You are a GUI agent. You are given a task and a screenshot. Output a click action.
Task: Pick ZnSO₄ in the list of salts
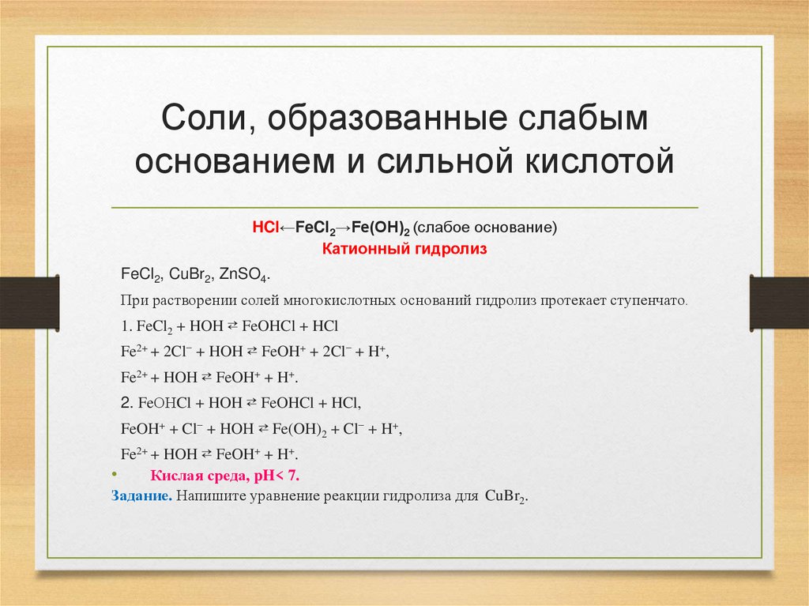click(244, 275)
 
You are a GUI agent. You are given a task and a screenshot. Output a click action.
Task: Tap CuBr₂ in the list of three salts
click(190, 275)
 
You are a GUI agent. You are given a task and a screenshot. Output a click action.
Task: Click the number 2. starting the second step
click(127, 402)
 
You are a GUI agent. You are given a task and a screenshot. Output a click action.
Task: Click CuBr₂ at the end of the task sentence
click(505, 498)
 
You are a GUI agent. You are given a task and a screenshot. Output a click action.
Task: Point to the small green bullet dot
click(112, 475)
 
